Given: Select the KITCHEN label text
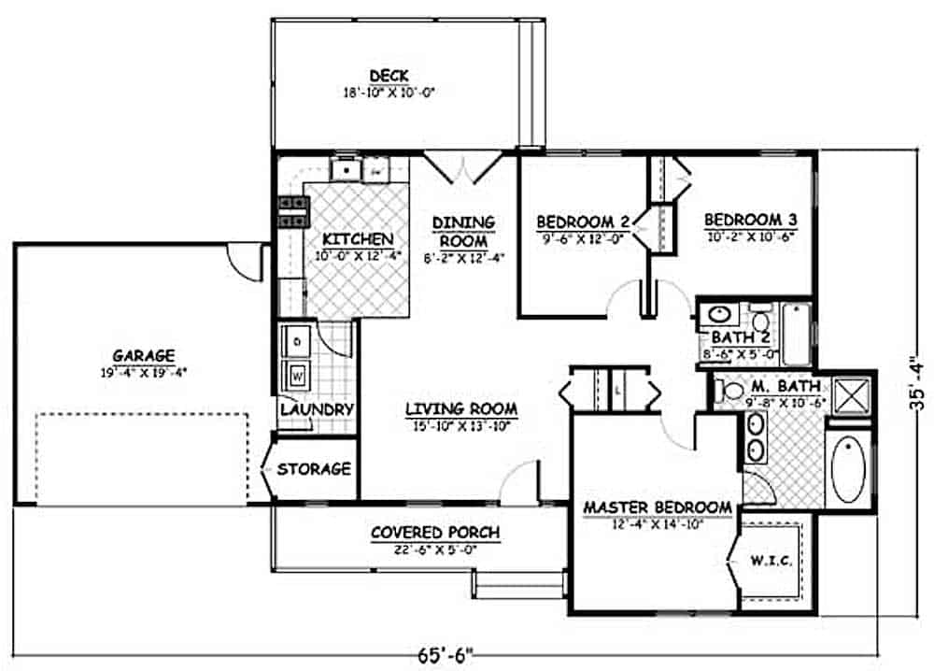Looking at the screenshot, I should click(358, 239).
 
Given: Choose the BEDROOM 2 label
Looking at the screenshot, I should click(582, 221).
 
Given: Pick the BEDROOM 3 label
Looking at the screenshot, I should click(750, 220).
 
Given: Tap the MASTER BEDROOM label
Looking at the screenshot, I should click(658, 507).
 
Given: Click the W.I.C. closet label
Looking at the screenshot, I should click(771, 562).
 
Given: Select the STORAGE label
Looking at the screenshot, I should click(314, 468).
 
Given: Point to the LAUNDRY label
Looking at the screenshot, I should click(317, 409).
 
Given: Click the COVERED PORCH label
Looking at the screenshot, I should click(435, 533).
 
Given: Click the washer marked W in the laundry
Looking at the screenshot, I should click(297, 376).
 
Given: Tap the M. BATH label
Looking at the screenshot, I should click(790, 385).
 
